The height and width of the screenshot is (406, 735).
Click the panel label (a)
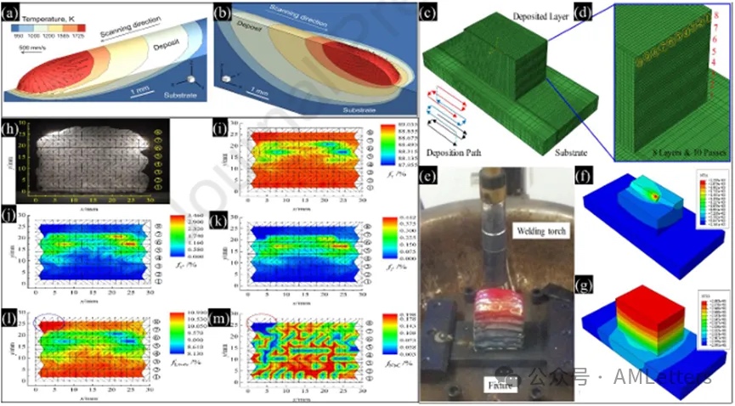pos(13,14)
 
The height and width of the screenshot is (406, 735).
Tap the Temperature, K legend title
pos(42,17)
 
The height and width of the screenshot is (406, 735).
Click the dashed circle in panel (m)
pos(262,323)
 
